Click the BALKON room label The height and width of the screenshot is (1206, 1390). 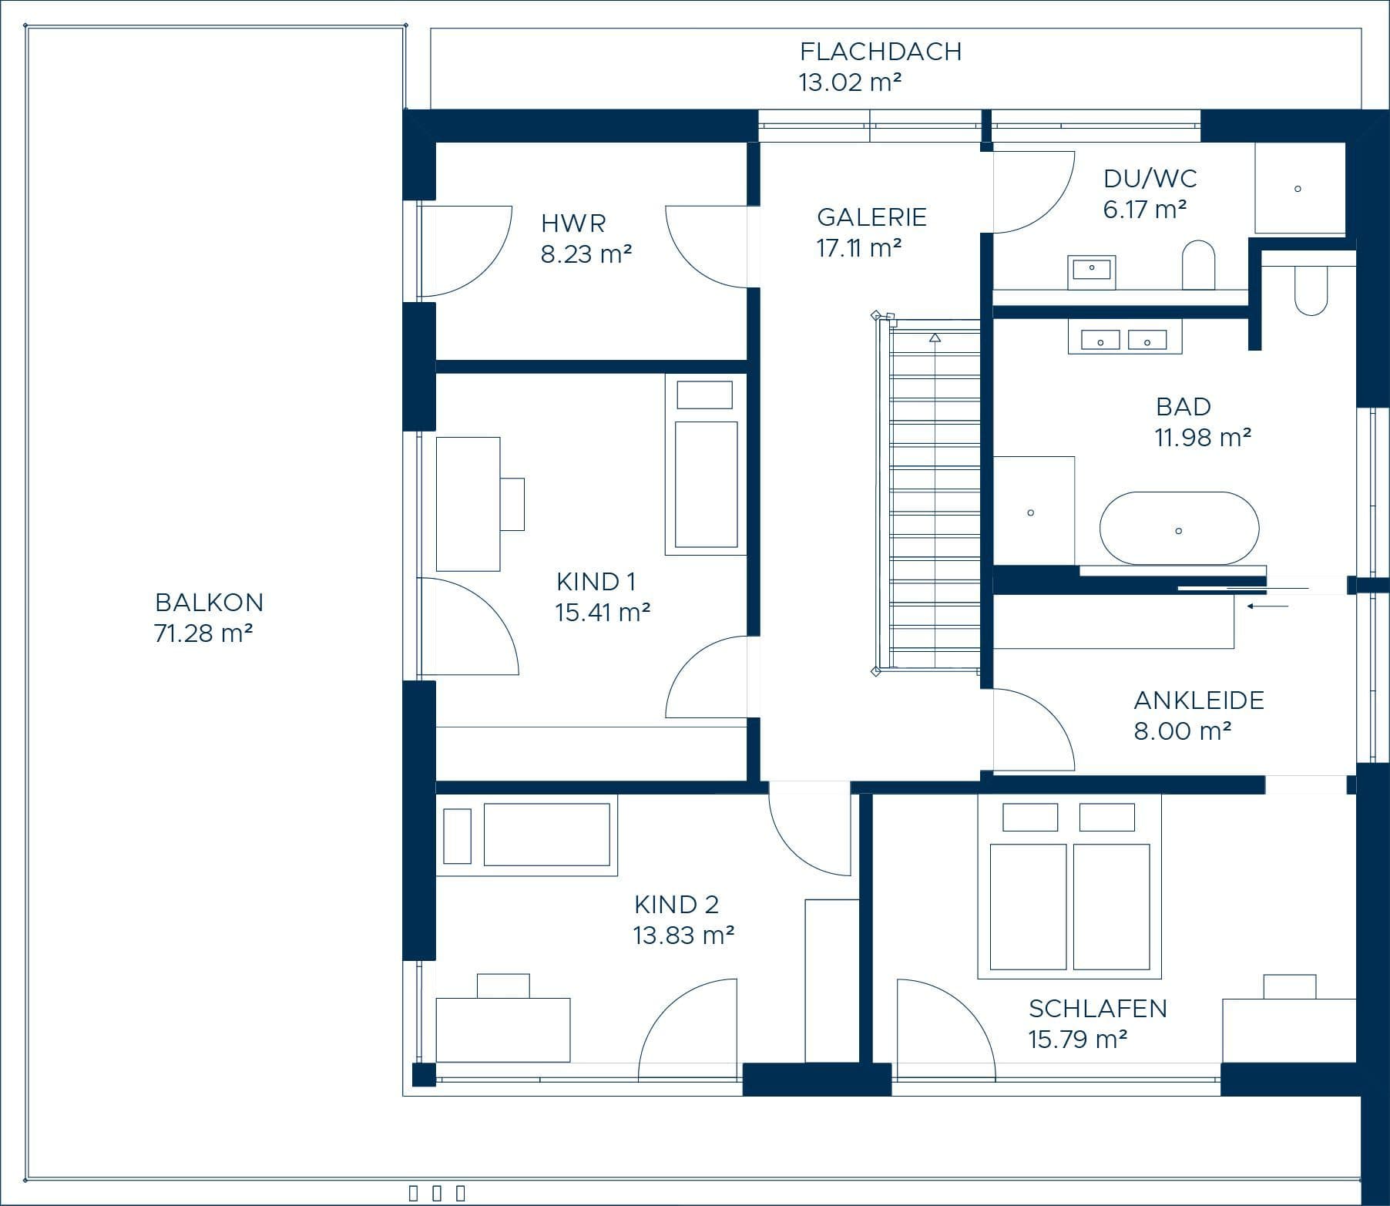click(209, 602)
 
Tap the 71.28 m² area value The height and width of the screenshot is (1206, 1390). click(203, 633)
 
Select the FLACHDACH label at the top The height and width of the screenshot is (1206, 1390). click(881, 52)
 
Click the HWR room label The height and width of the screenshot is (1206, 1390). click(573, 223)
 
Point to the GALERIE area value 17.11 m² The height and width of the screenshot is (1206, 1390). click(859, 248)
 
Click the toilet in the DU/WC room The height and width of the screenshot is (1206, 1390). click(1198, 266)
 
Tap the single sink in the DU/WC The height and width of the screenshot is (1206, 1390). click(1092, 269)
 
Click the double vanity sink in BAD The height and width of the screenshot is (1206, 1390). click(1124, 340)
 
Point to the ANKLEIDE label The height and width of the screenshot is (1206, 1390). click(1199, 700)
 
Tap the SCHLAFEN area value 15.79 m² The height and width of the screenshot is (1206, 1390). click(1078, 1040)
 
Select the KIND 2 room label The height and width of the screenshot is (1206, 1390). click(677, 904)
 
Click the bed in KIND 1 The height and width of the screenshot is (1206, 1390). click(706, 464)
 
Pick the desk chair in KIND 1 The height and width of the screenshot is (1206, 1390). click(512, 504)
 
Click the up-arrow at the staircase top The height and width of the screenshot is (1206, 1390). click(935, 338)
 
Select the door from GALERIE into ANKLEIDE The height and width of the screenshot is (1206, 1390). click(1033, 729)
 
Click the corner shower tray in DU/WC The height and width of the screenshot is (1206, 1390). click(1300, 188)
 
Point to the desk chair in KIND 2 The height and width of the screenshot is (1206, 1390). click(503, 986)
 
